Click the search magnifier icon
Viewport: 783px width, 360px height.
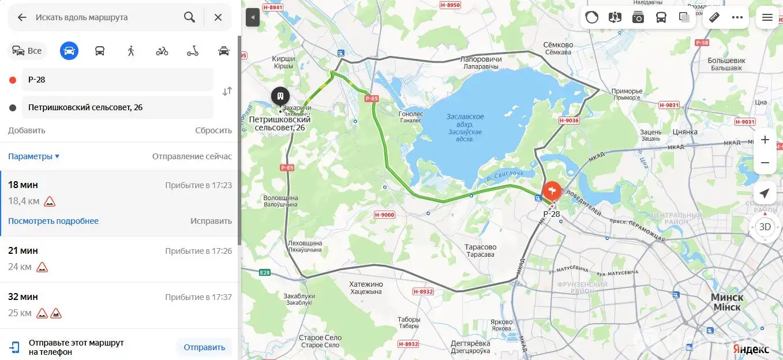coord(189,17)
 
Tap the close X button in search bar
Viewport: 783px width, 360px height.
coord(218,17)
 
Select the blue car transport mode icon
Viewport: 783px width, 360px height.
coord(69,51)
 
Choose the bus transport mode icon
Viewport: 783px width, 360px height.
coord(100,51)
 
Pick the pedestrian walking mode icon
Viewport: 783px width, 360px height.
coord(131,51)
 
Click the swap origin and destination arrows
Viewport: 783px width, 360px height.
coord(227,91)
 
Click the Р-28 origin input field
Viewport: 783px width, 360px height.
coord(118,80)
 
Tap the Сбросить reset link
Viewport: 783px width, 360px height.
coord(213,130)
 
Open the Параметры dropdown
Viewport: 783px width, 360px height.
coord(33,156)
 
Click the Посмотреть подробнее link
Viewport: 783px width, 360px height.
coord(53,221)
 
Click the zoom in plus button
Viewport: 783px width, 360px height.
coord(765,140)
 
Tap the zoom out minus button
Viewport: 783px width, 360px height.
coord(765,163)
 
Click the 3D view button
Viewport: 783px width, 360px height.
coord(765,227)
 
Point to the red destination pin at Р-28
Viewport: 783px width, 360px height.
coord(552,190)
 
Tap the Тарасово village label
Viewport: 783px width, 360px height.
coord(480,250)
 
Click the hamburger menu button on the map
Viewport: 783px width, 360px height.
coord(767,17)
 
